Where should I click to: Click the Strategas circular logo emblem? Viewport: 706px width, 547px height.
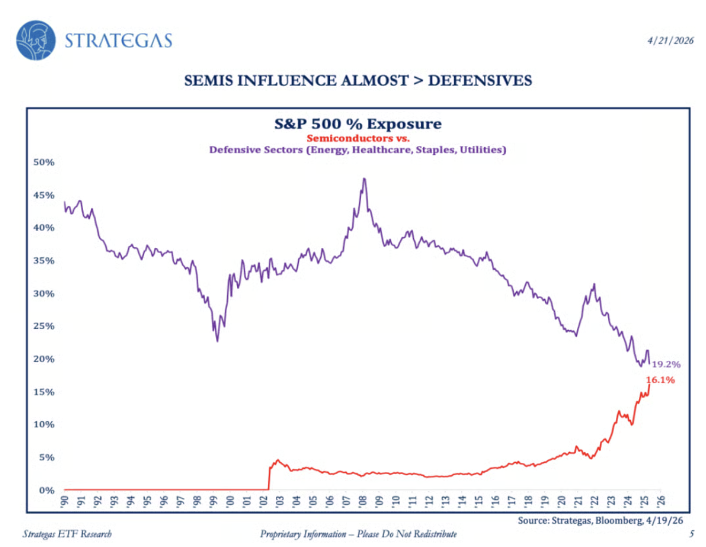point(36,40)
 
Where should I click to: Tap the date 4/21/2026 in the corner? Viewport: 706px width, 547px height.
point(670,40)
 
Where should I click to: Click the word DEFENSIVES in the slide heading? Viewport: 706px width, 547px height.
point(480,80)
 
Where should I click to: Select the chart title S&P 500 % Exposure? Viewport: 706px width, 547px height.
point(358,124)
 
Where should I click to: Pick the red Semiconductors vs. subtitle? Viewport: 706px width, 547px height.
point(358,138)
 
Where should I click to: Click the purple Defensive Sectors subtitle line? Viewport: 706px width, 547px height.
point(358,150)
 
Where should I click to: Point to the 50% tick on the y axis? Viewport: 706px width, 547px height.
point(44,162)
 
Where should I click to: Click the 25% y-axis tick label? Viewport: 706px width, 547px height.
point(44,326)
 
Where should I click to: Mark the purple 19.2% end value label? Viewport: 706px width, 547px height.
point(666,364)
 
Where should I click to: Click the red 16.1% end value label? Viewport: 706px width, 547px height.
point(660,380)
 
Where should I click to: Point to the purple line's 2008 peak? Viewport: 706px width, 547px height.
point(364,179)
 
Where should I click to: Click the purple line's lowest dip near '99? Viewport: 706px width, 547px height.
point(217,341)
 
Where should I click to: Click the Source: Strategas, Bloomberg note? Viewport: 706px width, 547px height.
point(600,520)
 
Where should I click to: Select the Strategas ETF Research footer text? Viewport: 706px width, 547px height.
point(67,534)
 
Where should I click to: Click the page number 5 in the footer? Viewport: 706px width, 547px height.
point(691,534)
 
